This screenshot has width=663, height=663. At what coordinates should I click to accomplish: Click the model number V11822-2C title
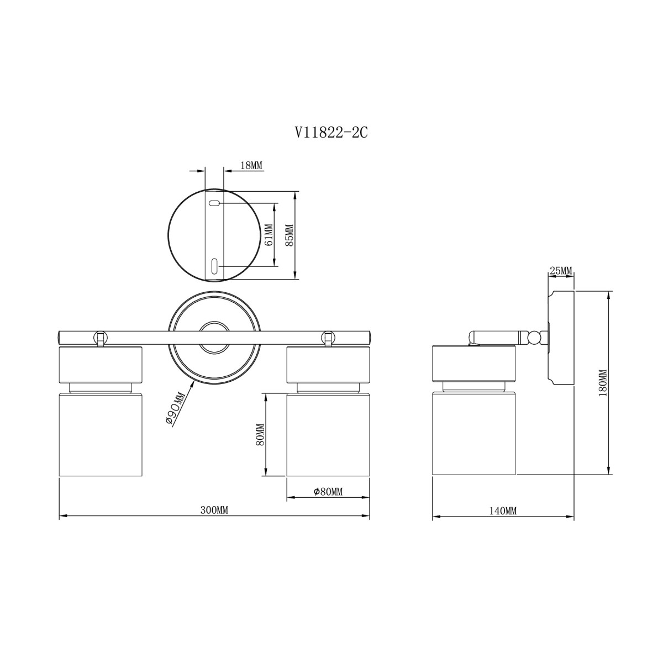(x=331, y=133)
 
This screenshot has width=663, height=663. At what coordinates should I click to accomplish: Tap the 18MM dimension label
(x=251, y=166)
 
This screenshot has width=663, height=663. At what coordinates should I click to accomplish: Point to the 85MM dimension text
(x=290, y=235)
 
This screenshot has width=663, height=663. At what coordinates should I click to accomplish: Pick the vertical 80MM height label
(x=260, y=435)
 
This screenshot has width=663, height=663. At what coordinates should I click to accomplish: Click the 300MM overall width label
(x=214, y=511)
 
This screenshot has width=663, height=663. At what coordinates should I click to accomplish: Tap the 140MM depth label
(x=503, y=511)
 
